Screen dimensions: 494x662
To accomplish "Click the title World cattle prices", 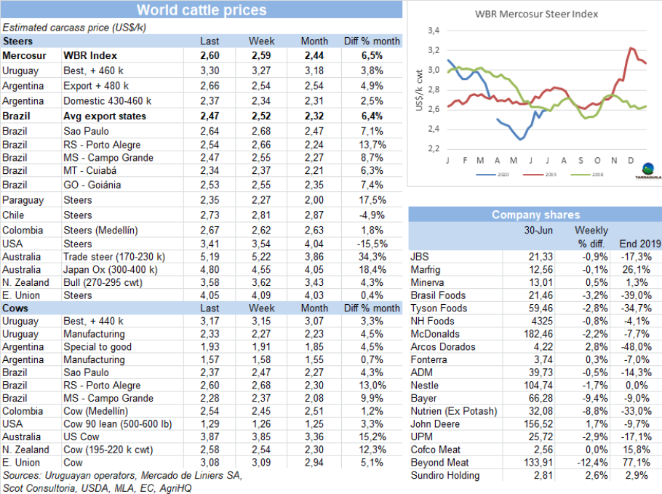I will [202, 10].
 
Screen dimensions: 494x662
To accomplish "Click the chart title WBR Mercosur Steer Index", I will [537, 13].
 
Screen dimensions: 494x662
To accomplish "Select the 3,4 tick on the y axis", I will [434, 31].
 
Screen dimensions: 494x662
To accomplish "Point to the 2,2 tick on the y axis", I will [434, 148].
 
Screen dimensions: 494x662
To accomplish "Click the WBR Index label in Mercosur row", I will [90, 55].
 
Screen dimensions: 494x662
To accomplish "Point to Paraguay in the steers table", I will [23, 200].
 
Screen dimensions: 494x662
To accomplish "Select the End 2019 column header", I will [639, 244].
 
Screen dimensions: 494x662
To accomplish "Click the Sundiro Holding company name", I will [445, 476].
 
